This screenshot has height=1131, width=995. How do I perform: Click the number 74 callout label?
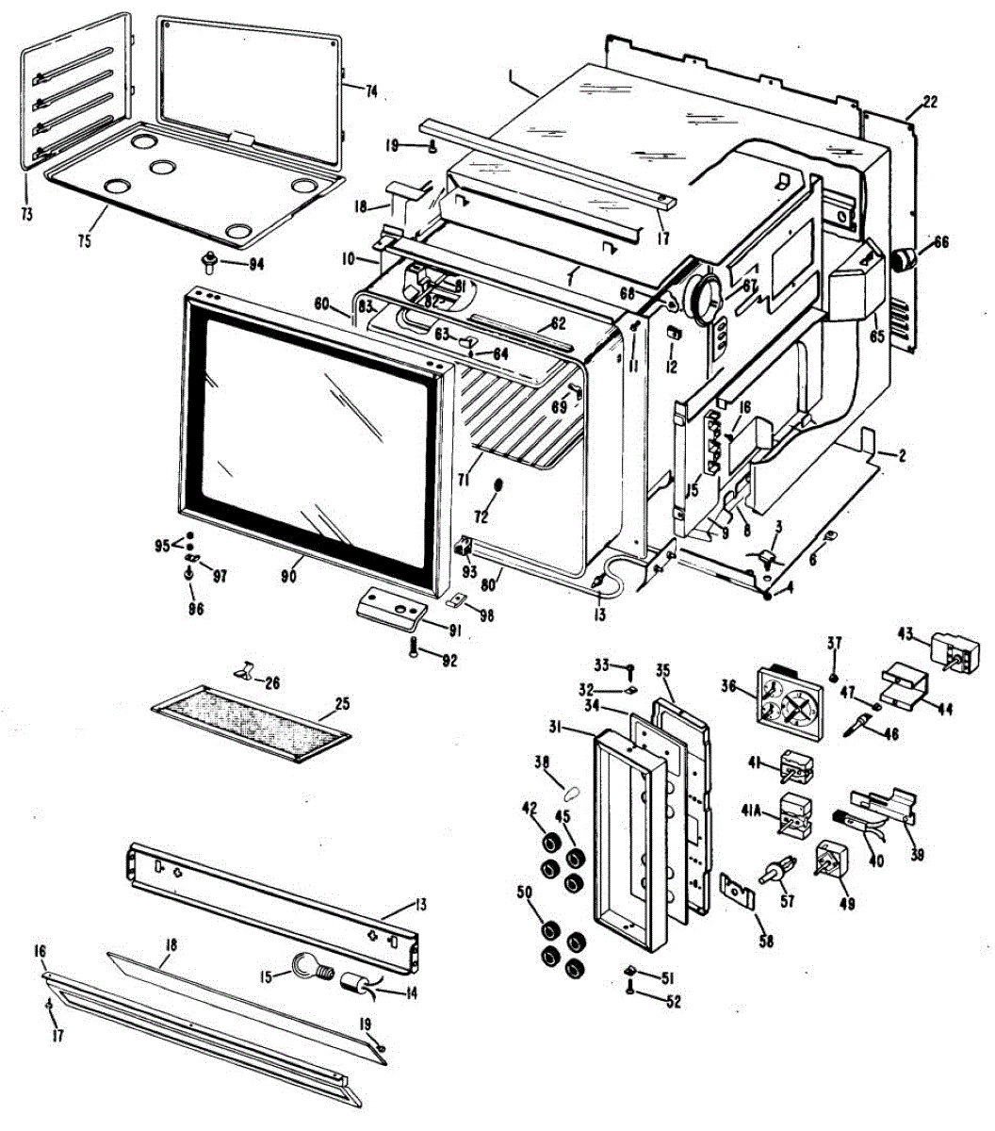click(371, 91)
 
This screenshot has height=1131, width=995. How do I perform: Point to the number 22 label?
click(929, 103)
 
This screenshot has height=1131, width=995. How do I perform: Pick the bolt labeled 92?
click(415, 647)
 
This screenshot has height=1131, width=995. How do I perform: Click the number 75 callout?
click(85, 241)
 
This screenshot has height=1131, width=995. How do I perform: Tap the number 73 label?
click(25, 215)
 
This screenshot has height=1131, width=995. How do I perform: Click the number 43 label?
click(905, 633)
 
